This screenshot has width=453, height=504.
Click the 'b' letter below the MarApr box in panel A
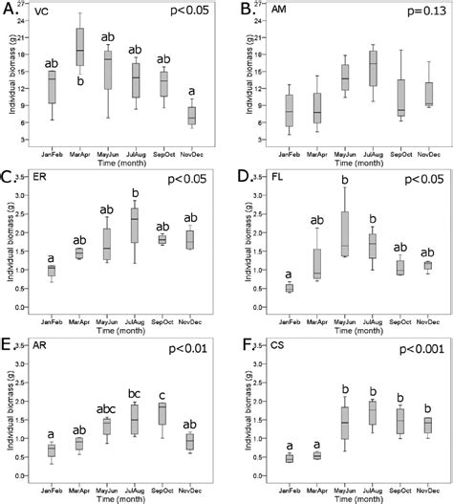81,80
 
